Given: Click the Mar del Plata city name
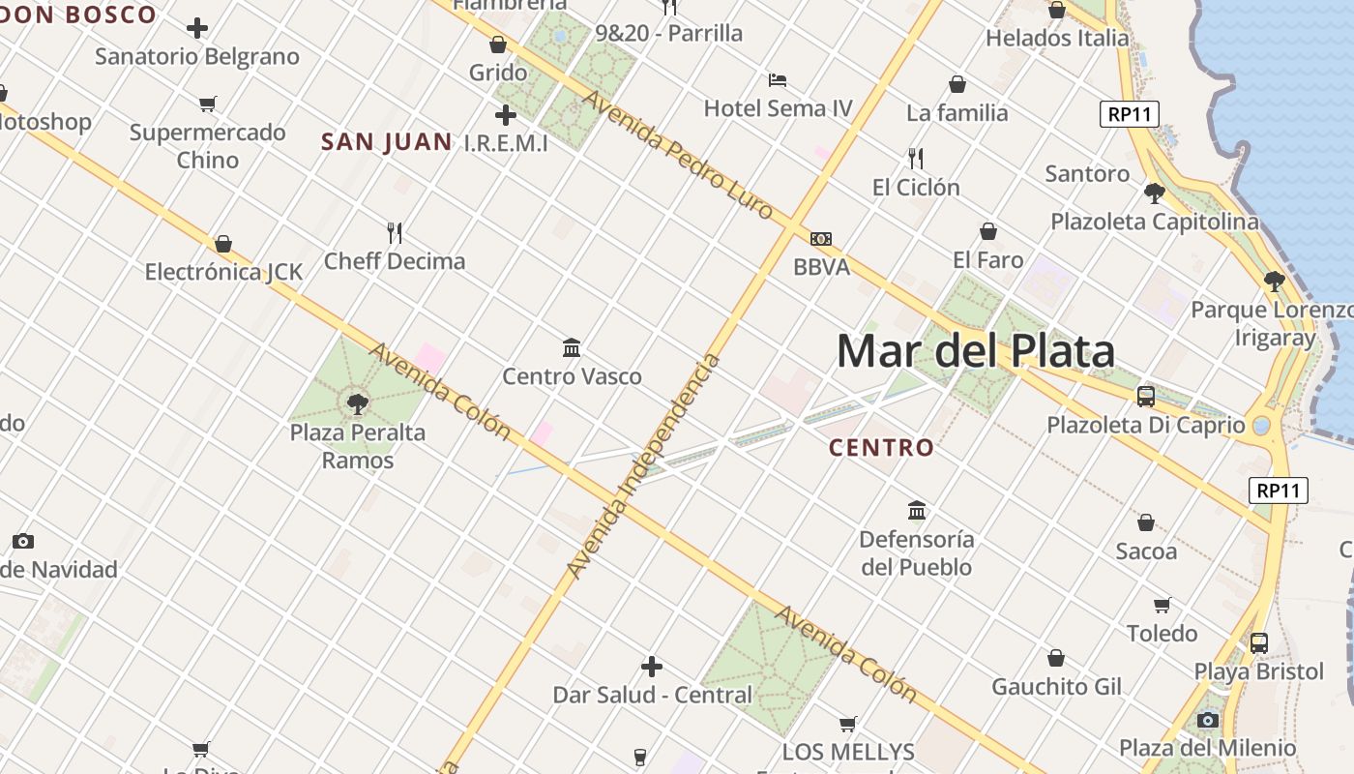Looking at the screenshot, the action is (x=975, y=351).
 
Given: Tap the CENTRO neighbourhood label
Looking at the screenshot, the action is (x=882, y=448).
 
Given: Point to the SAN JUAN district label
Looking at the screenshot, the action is (x=386, y=142).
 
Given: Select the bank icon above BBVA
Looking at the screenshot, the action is (x=821, y=239).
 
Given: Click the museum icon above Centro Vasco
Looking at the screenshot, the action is (x=572, y=347).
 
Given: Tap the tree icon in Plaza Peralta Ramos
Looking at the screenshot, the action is (x=358, y=403).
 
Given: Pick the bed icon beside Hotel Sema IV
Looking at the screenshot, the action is (x=778, y=80).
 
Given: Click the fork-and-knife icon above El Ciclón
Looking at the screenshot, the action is (x=915, y=158).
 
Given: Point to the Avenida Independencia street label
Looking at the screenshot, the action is (x=644, y=467).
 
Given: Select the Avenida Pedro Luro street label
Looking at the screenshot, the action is (x=677, y=156).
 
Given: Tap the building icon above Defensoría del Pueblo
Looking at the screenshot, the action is (x=917, y=510).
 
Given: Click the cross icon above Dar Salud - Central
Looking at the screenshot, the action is (x=652, y=667).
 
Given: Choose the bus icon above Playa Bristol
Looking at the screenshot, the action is (x=1259, y=642).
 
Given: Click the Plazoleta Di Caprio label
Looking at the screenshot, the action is (x=1146, y=425).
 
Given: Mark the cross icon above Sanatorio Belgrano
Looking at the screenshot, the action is (x=197, y=28).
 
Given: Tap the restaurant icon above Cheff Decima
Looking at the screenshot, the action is (x=395, y=232).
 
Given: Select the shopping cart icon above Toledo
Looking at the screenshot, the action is (x=1163, y=605).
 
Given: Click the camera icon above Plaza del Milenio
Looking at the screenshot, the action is (x=1207, y=720).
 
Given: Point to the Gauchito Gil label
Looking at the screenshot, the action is (x=1056, y=687).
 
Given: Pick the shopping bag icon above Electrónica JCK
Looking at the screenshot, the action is (x=223, y=244).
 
